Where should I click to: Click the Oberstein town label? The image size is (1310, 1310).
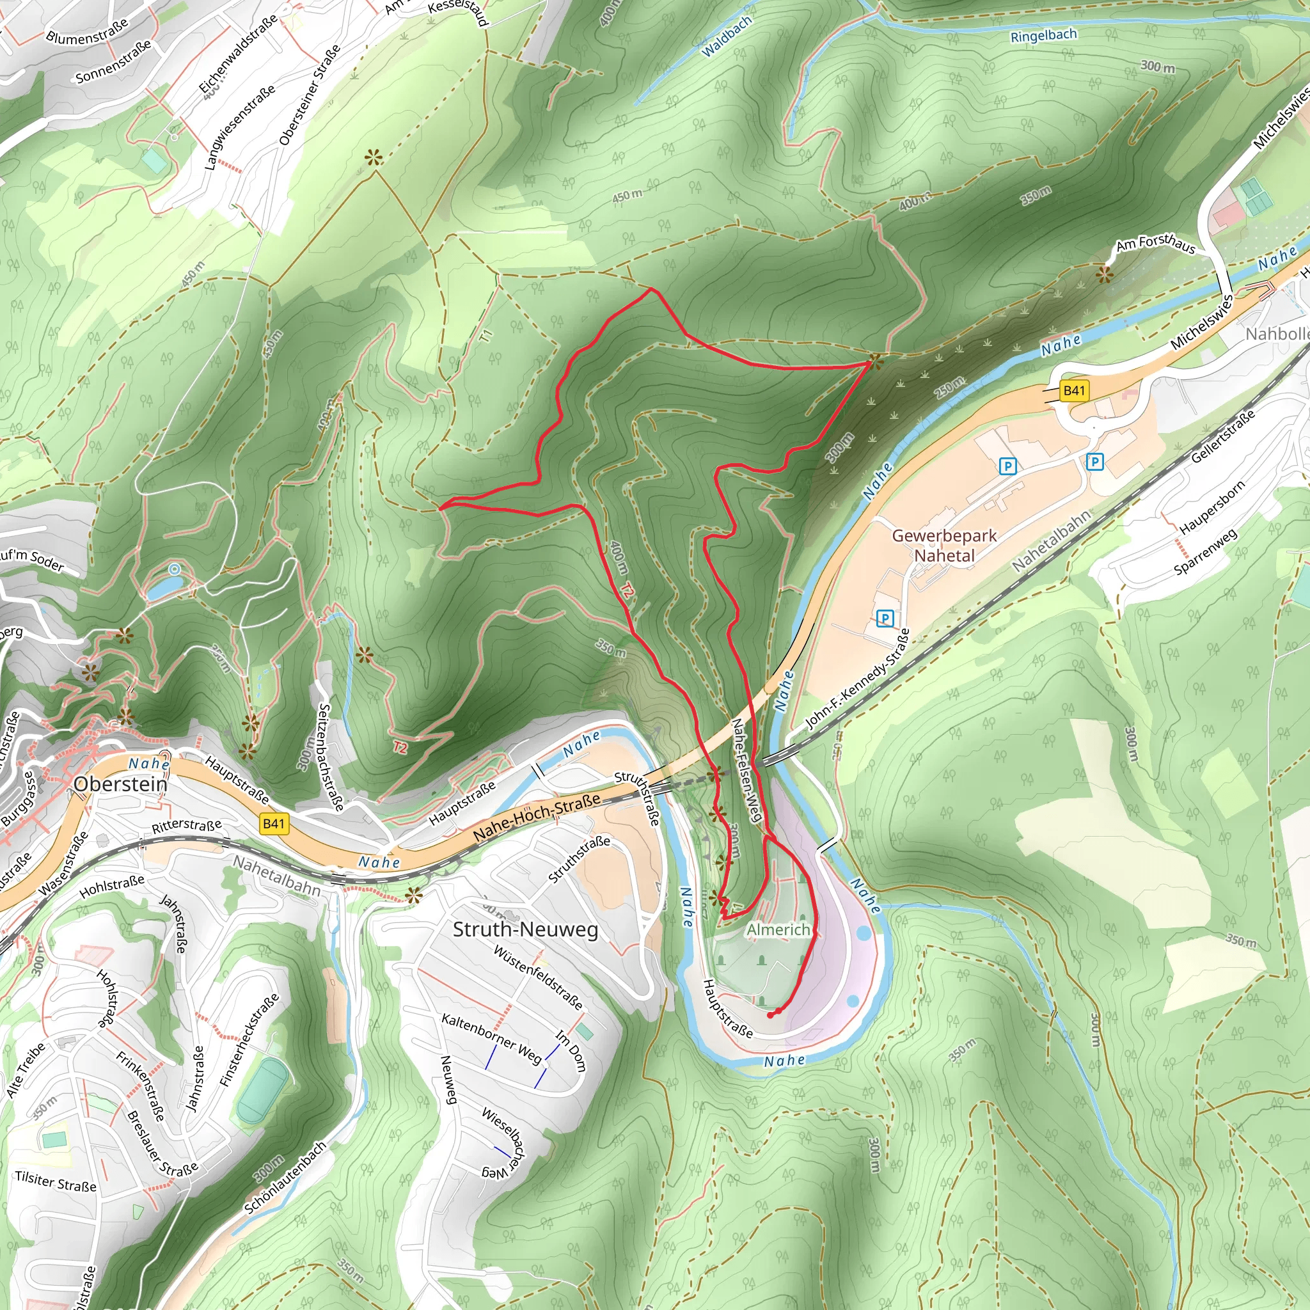pyautogui.click(x=120, y=784)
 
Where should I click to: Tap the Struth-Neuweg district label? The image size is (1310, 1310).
pyautogui.click(x=526, y=929)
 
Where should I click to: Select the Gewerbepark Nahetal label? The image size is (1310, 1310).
pyautogui.click(x=944, y=545)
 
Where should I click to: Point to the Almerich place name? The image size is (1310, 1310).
pyautogui.click(x=778, y=929)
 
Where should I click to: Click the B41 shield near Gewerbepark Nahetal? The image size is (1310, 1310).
pyautogui.click(x=1074, y=391)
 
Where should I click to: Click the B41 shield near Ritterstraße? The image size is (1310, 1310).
pyautogui.click(x=274, y=824)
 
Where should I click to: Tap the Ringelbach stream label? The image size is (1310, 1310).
pyautogui.click(x=1043, y=35)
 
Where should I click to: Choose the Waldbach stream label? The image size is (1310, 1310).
pyautogui.click(x=726, y=36)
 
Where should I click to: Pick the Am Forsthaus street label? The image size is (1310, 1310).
pyautogui.click(x=1155, y=244)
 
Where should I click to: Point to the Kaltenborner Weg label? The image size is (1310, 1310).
pyautogui.click(x=492, y=1038)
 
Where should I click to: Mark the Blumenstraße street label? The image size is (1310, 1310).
pyautogui.click(x=87, y=31)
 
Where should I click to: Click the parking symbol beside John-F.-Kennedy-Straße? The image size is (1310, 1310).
pyautogui.click(x=884, y=619)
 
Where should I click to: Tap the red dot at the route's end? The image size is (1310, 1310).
pyautogui.click(x=770, y=1015)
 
